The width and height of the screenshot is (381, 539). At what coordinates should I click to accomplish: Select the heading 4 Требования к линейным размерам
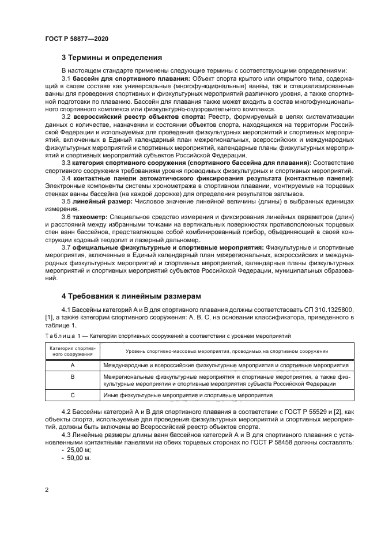click(x=131, y=296)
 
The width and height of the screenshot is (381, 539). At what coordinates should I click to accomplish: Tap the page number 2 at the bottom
click(x=46, y=489)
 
